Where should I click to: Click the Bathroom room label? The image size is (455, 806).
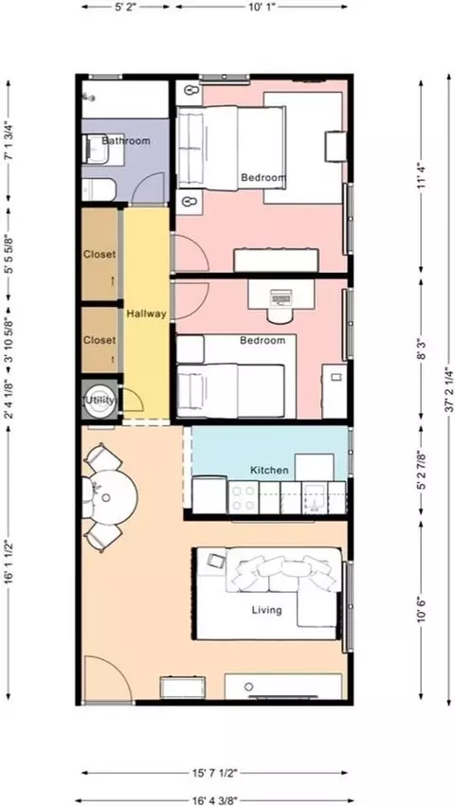tap(126, 140)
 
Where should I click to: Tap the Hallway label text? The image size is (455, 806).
tap(147, 313)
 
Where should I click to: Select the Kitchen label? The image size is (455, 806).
tap(269, 470)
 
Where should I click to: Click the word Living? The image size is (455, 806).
tap(266, 610)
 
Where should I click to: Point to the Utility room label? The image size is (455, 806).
tap(100, 400)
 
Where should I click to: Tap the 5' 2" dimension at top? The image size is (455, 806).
tap(125, 7)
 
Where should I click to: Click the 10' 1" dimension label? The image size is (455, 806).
tap(262, 7)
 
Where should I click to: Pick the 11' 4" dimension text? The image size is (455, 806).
tap(422, 176)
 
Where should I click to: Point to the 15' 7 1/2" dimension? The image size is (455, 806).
tap(214, 773)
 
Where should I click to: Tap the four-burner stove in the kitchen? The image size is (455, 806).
tap(243, 497)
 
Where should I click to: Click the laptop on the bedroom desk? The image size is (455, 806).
tap(281, 297)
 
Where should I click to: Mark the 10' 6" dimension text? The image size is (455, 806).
tap(422, 609)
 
